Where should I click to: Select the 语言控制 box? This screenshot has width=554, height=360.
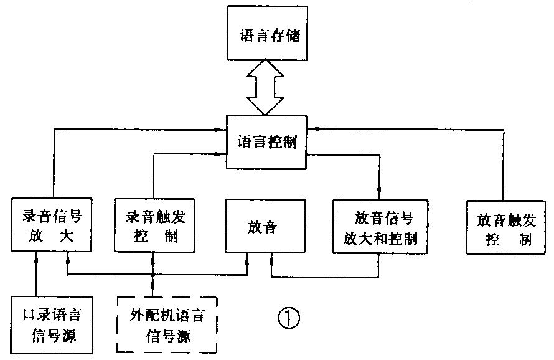tap(267, 143)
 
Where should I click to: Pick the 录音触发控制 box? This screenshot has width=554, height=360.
tap(153, 226)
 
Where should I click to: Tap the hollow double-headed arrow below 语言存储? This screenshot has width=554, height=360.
tap(266, 87)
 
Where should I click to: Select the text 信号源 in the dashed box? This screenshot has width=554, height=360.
tap(168, 337)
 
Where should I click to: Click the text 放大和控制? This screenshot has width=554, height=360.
tap(380, 239)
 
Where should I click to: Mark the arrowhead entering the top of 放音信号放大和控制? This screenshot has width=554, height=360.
tap(378, 193)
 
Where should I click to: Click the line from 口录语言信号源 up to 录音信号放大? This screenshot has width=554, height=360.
tap(36, 273)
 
